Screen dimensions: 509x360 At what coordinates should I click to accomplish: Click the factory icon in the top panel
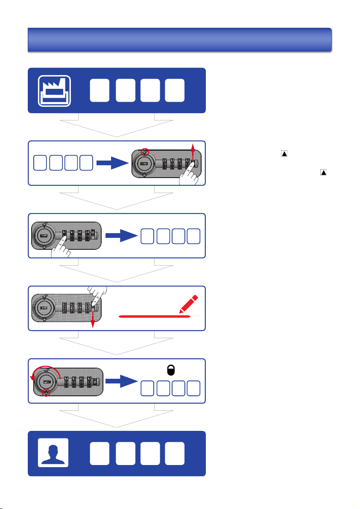click(54, 90)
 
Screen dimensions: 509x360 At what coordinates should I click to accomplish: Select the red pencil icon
click(189, 304)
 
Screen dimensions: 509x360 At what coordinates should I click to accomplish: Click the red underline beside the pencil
click(154, 316)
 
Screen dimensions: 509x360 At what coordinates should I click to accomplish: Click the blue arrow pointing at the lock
click(112, 163)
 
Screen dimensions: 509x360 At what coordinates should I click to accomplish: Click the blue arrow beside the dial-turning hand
click(121, 235)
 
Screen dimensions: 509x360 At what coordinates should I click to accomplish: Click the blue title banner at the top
click(179, 40)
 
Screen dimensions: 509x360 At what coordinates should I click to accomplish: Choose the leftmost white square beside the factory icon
click(99, 90)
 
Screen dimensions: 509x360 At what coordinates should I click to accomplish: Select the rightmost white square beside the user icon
click(175, 453)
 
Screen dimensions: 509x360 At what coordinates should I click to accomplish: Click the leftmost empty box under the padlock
click(148, 388)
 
